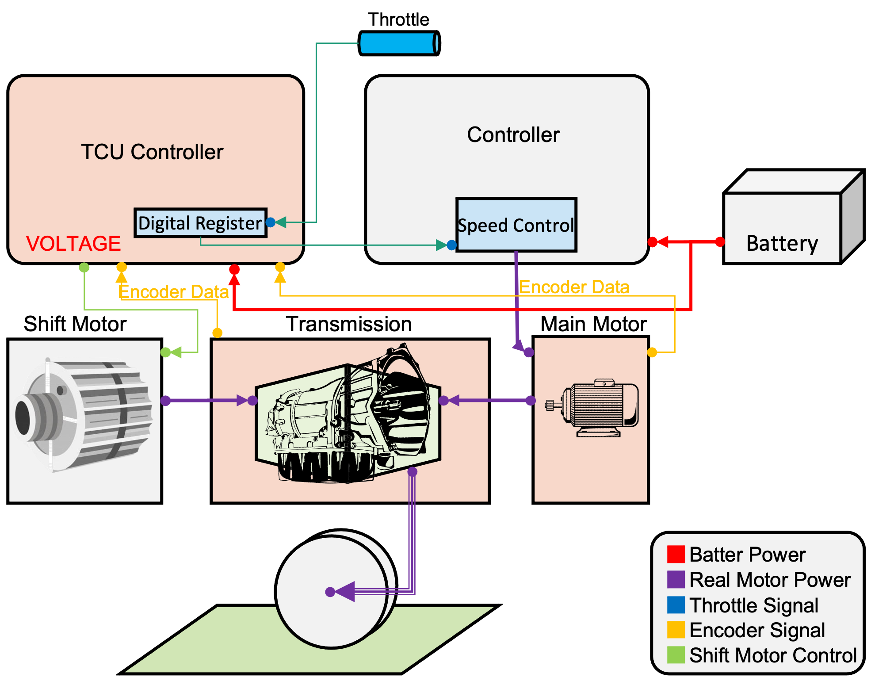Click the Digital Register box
coord(200,223)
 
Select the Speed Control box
coord(516,225)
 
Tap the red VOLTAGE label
coord(73,244)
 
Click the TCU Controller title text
coord(152,152)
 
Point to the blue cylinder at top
coord(399,43)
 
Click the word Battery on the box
coord(782,244)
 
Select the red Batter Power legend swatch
coord(676,554)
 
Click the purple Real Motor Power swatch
coord(676,579)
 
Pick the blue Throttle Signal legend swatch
coord(676,605)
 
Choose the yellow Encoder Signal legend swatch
coord(676,630)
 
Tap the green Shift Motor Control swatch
coord(676,655)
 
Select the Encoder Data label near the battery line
coord(574,287)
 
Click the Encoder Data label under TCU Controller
coord(173,292)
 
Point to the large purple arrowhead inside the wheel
coord(346,592)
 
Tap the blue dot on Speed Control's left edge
coord(451,245)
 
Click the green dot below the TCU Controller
coord(84,268)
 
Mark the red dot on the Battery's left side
coord(720,241)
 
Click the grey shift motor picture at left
coord(84,416)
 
